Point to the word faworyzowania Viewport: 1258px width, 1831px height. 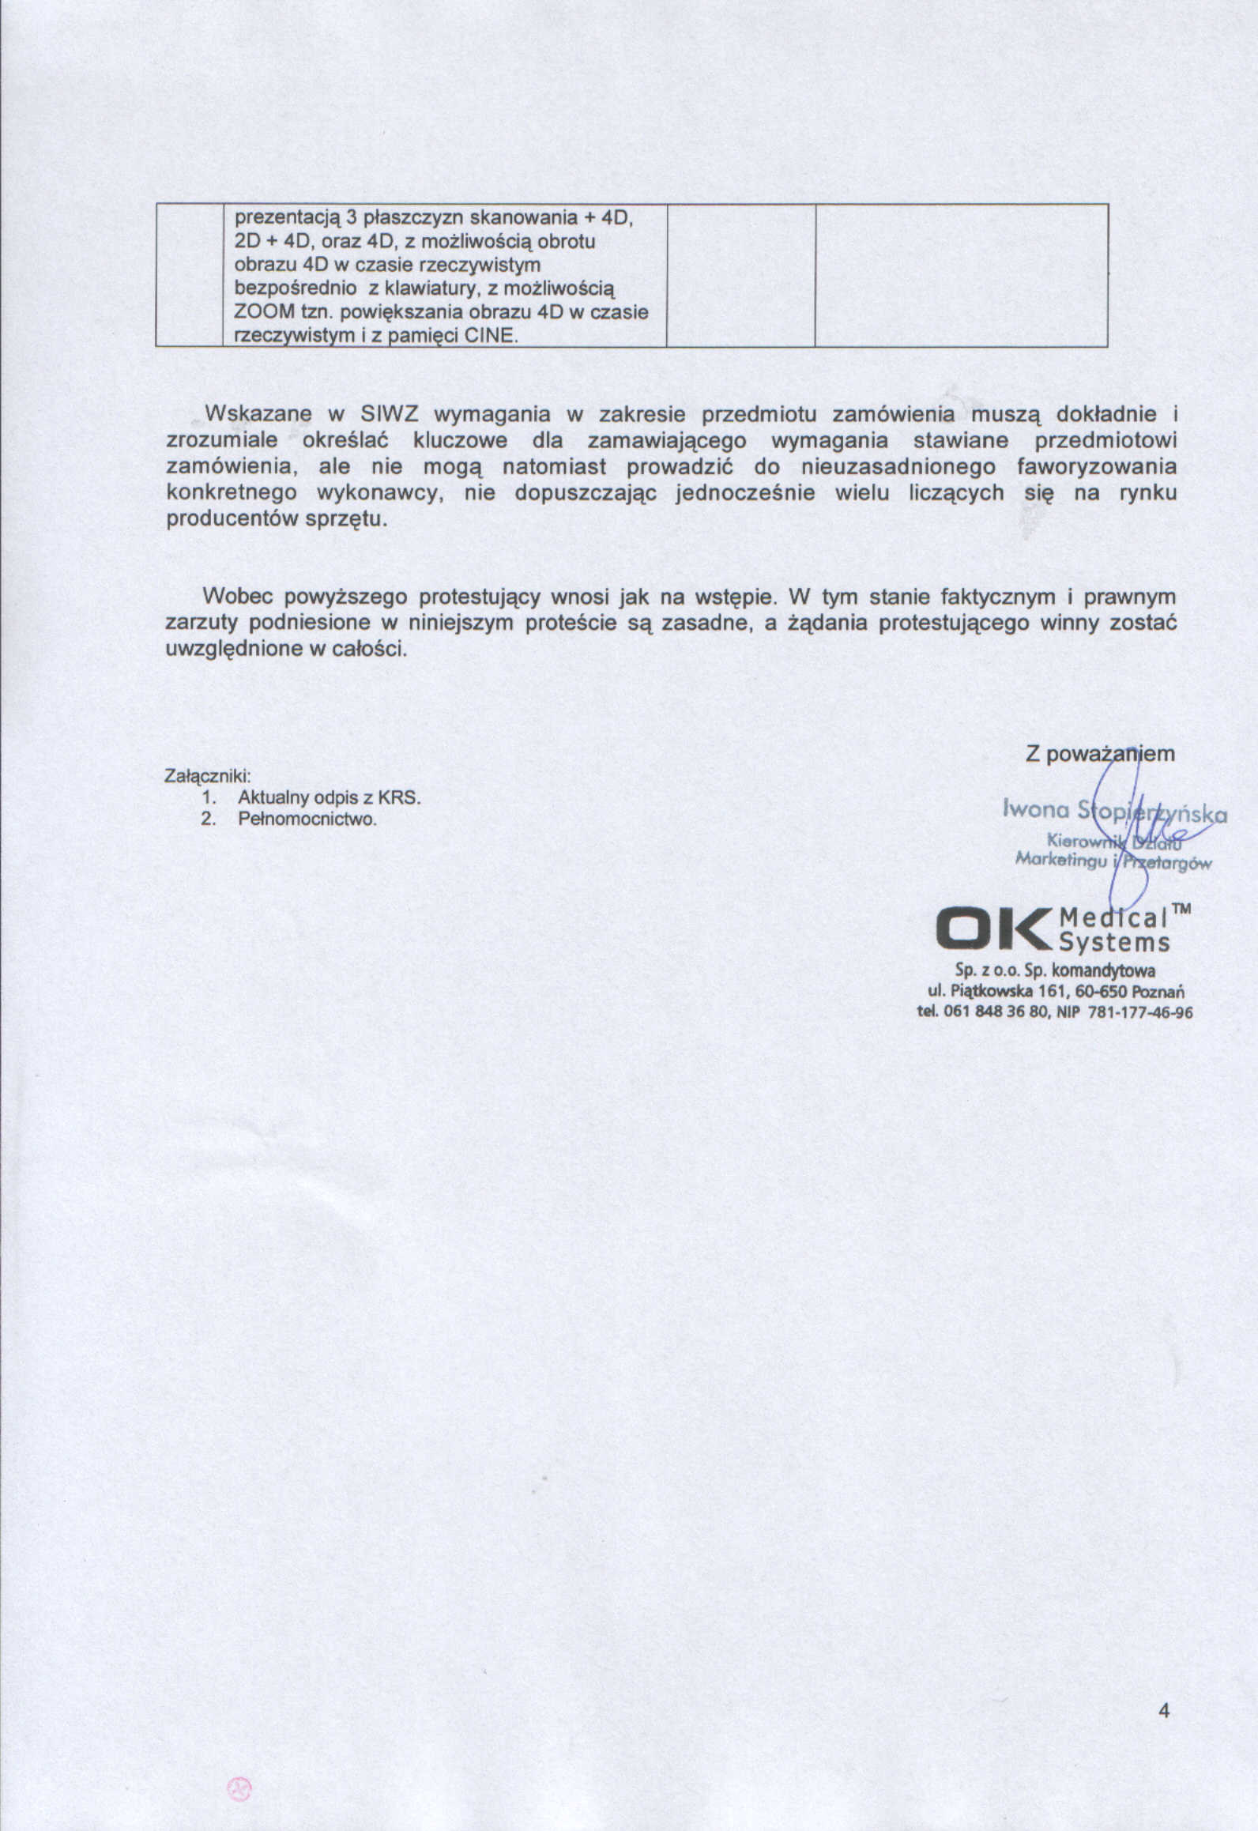(1097, 466)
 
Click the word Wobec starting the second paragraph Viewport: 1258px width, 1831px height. (238, 596)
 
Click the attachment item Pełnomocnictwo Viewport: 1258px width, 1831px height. (307, 819)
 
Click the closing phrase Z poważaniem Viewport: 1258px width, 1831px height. (1100, 754)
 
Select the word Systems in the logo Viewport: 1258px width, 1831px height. (1114, 942)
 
